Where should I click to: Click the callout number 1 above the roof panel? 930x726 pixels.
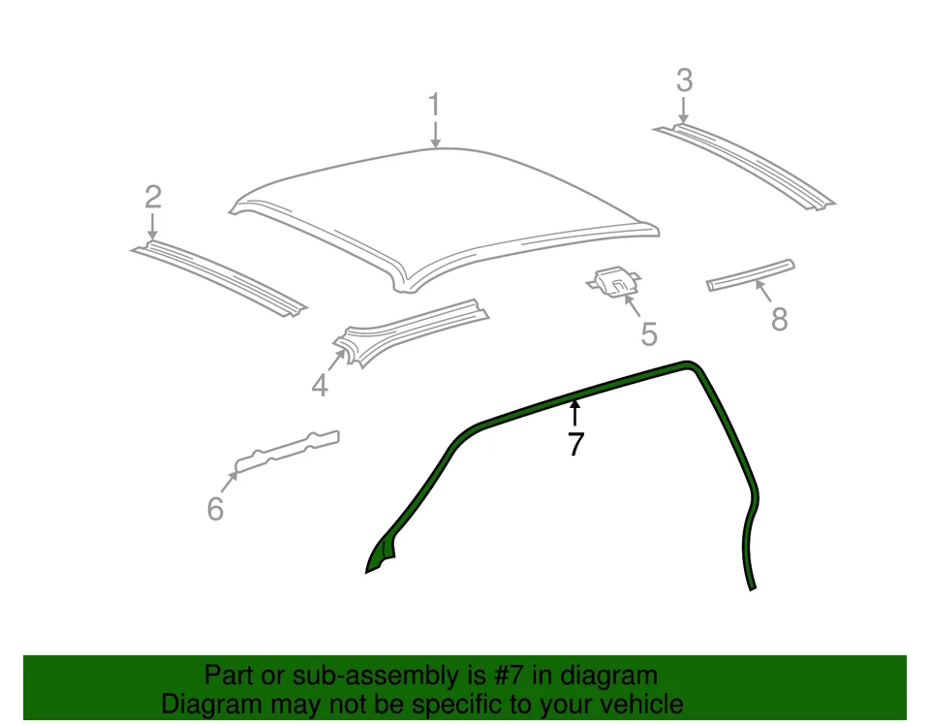[x=435, y=105]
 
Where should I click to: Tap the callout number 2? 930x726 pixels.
[x=153, y=198]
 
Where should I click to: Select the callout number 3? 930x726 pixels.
[x=684, y=80]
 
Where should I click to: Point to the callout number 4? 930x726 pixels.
[x=321, y=386]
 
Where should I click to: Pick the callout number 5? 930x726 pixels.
[x=649, y=334]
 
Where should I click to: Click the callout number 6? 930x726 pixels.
[x=215, y=507]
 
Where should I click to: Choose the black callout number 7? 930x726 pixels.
[x=575, y=445]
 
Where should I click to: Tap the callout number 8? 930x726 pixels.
[x=780, y=318]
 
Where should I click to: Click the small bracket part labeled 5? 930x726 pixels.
[x=614, y=282]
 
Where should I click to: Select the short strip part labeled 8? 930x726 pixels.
[x=751, y=274]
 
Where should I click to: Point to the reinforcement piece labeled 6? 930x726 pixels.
[x=288, y=449]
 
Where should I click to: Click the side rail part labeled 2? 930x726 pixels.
[x=219, y=276]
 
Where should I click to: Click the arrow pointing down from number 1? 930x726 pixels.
[x=435, y=134]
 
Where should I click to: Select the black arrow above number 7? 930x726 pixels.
[x=575, y=413]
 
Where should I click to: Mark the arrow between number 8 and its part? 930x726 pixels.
[x=764, y=291]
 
